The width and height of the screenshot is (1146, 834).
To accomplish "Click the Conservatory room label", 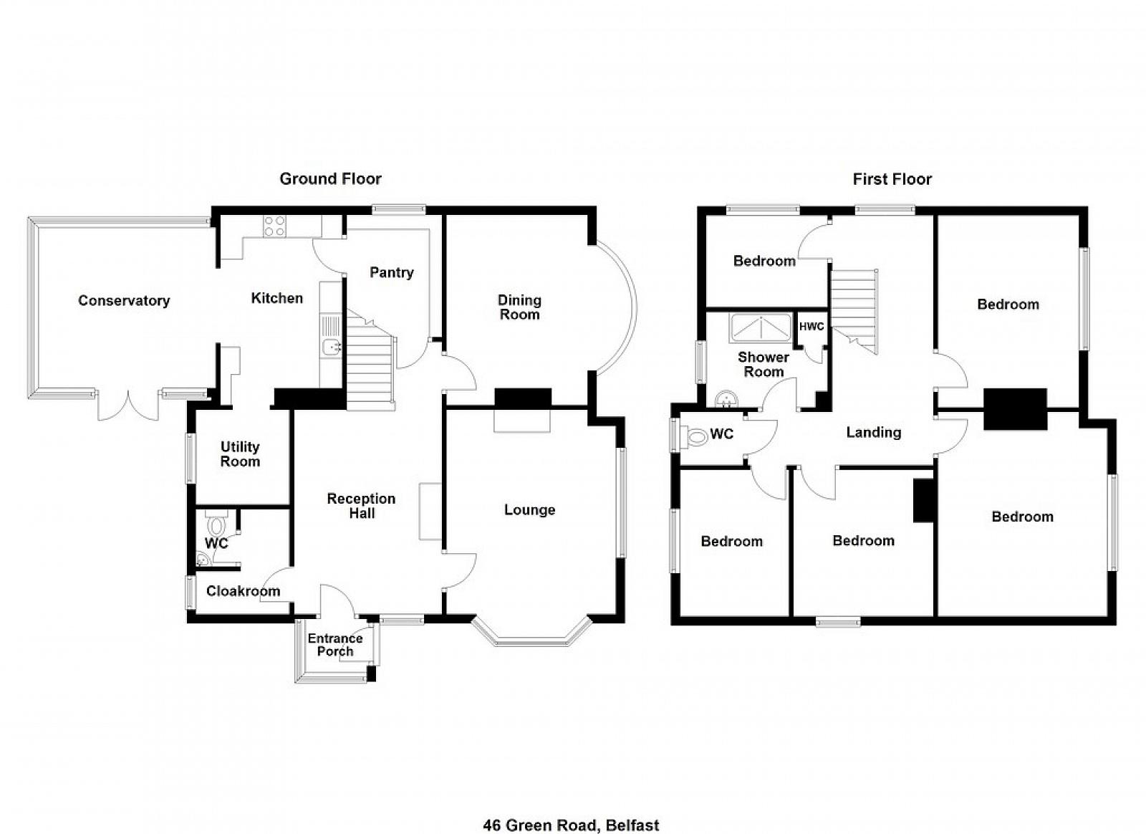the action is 124,300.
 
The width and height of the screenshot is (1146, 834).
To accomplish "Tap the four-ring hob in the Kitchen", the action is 275,226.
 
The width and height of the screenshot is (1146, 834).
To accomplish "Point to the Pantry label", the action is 391,273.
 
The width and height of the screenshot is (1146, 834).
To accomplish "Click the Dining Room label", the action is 519,307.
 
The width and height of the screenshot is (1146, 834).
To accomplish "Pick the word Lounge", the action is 529,509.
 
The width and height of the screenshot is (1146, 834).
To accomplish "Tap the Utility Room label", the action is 240,454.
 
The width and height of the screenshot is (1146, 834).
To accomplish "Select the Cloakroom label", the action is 243,591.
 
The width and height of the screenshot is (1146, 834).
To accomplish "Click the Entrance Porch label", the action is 335,645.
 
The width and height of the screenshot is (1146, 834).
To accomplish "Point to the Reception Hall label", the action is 361,506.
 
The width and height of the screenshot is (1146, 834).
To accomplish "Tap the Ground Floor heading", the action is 330,178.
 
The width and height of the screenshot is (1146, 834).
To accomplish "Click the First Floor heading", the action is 892,179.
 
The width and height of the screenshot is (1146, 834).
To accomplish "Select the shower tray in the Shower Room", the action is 762,328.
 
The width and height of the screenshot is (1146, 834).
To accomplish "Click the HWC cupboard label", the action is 812,327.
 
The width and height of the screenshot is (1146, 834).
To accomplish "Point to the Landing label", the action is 873,432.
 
